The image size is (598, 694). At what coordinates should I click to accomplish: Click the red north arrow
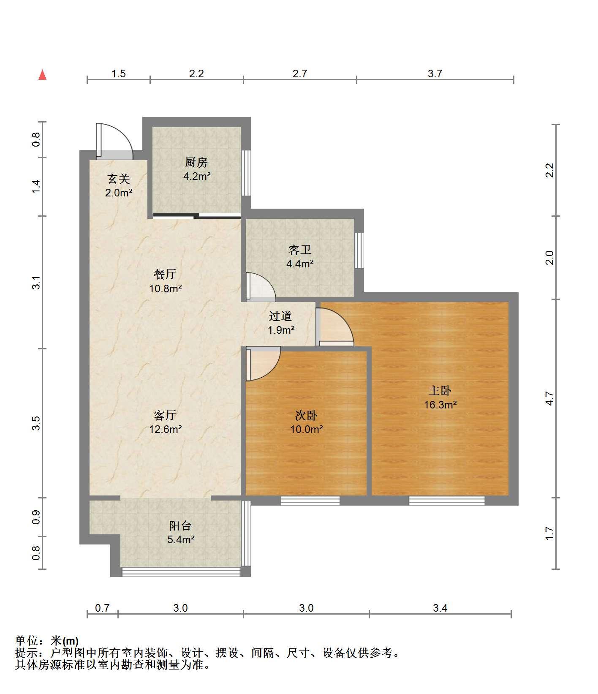tap(42, 75)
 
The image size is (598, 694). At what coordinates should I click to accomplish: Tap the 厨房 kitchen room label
tap(196, 162)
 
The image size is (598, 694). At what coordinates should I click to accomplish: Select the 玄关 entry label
tap(118, 179)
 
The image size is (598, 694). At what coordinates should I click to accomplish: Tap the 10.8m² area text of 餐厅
tap(165, 289)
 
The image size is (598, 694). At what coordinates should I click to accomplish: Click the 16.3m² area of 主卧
tap(440, 405)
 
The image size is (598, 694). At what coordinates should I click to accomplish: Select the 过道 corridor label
tap(280, 316)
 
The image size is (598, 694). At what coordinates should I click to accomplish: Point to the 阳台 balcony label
tap(180, 525)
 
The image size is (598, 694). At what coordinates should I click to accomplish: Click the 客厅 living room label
tap(165, 416)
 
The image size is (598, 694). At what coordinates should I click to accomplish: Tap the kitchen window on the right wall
tap(246, 173)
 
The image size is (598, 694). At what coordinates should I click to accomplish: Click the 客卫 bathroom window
tap(359, 250)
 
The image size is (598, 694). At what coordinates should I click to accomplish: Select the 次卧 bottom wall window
tap(310, 501)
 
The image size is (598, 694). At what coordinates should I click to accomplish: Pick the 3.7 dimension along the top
tap(435, 73)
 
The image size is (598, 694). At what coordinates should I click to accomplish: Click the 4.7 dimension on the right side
tap(549, 399)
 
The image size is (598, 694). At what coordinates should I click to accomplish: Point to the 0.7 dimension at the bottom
tap(102, 608)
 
